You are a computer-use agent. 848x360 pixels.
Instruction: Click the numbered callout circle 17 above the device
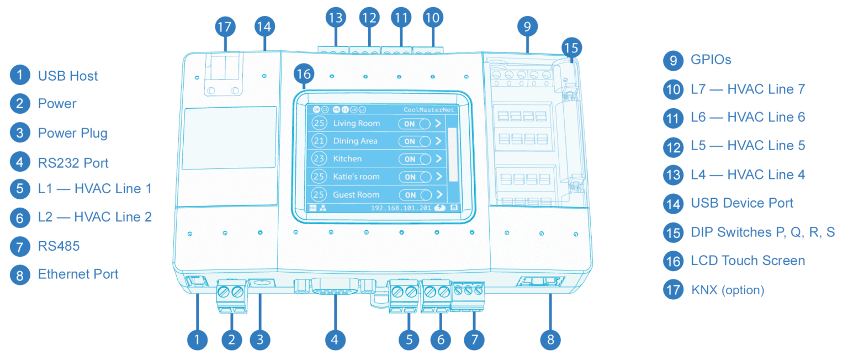(x=225, y=27)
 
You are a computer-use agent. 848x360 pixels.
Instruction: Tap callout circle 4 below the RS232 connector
(x=335, y=339)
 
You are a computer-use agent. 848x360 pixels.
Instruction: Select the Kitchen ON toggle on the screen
(x=417, y=159)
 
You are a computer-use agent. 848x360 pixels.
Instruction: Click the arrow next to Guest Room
(x=439, y=194)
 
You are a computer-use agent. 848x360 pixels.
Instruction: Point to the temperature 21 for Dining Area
(x=319, y=141)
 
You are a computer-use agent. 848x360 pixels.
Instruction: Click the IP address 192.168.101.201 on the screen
(x=401, y=208)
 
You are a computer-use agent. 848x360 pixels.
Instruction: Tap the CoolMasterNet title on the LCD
(x=428, y=110)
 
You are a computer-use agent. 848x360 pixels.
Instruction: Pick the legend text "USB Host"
(x=67, y=76)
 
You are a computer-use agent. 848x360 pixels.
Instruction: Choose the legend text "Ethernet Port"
(x=78, y=274)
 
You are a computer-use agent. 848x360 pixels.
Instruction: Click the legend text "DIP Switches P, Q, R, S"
(x=762, y=232)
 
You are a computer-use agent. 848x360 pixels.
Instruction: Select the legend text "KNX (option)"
(x=727, y=290)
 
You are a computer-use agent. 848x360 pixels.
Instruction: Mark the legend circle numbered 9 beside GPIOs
(x=673, y=60)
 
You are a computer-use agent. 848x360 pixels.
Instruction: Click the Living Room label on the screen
(x=356, y=123)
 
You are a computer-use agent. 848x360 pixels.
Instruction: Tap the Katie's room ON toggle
(x=417, y=177)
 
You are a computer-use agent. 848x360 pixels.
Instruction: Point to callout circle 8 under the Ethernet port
(x=550, y=339)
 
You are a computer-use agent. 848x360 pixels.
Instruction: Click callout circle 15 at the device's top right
(x=572, y=47)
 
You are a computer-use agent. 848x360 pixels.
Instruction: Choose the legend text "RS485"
(x=59, y=246)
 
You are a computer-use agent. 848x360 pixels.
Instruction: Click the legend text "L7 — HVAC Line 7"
(x=748, y=88)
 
